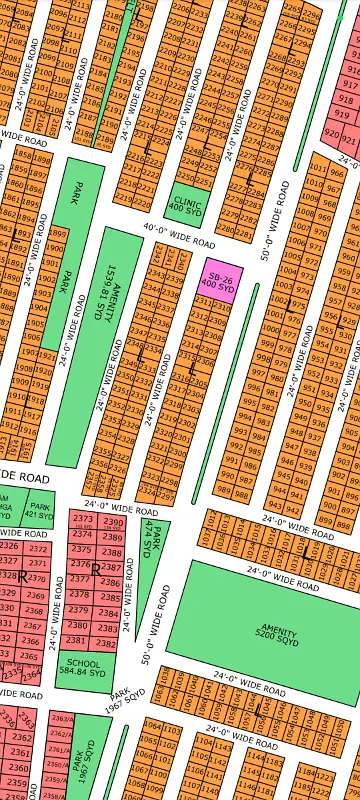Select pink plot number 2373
point(83,520)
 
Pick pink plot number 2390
point(113,523)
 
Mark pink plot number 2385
point(110,598)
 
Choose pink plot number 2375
point(81,549)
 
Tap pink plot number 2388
point(112,552)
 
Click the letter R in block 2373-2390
point(95,569)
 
